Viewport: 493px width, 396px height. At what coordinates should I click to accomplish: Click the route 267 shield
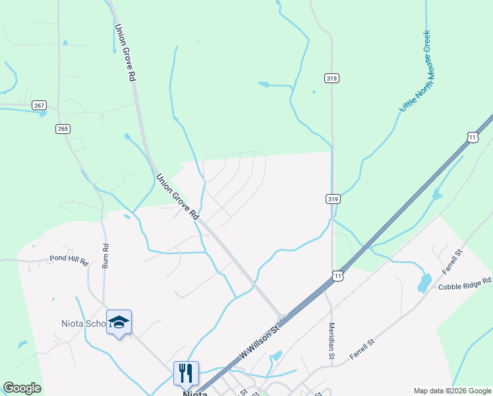[x=40, y=106]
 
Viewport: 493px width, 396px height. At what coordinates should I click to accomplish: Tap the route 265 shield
[x=63, y=129]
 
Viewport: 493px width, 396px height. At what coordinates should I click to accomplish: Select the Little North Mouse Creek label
[x=415, y=71]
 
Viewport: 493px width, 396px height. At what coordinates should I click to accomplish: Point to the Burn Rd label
[x=105, y=255]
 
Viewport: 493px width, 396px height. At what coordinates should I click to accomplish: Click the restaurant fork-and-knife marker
[x=186, y=372]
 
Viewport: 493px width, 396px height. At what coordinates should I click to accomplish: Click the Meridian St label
[x=332, y=340]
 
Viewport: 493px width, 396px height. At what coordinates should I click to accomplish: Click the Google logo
[x=22, y=388]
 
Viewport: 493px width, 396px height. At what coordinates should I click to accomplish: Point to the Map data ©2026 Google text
[x=451, y=390]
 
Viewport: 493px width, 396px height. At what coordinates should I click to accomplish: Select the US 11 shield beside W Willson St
[x=337, y=276]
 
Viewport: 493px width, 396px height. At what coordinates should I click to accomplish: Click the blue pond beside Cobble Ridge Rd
[x=424, y=284]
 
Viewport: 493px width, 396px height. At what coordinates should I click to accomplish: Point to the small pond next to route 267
[x=43, y=114]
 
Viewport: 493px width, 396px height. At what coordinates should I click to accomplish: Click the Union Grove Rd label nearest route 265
[x=125, y=53]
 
